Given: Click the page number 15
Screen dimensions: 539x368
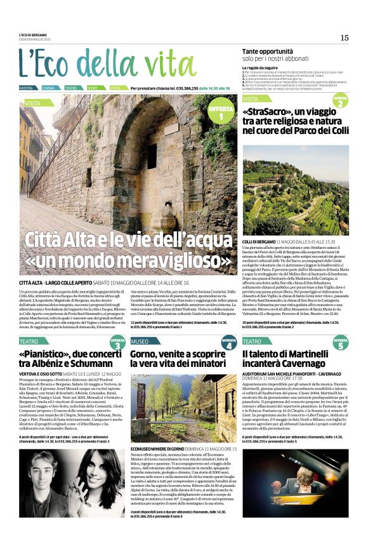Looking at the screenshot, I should point(344,37).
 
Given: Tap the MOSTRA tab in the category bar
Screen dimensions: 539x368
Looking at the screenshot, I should point(27,88).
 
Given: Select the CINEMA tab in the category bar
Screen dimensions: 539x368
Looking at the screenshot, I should point(49,88).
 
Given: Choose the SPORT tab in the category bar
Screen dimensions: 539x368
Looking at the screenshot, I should point(93,88).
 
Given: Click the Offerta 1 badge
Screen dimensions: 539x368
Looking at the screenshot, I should point(221,113).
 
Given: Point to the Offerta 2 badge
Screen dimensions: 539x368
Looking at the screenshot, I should point(340,100).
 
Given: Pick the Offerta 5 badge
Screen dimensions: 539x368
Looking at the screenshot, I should point(341,343).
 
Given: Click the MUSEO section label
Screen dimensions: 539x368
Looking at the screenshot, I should point(140,342).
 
